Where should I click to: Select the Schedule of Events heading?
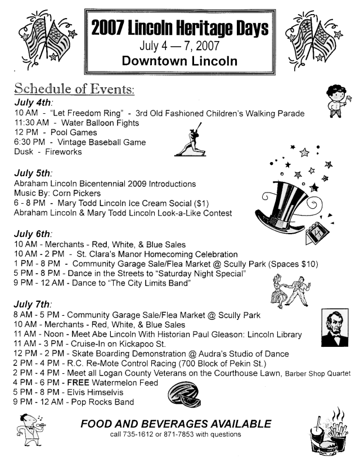click(74, 90)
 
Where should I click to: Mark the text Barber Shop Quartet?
click(318, 373)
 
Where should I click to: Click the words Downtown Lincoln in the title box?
click(180, 60)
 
